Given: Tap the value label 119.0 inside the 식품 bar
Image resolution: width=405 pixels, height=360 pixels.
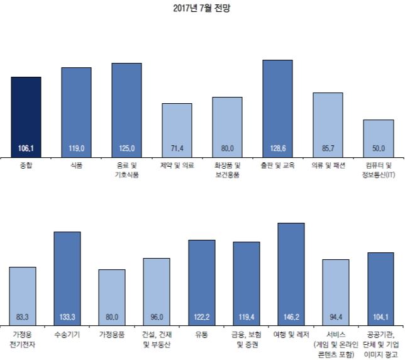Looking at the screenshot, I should coord(76,149).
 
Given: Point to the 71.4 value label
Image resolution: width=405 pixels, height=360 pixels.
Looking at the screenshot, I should coord(177,149).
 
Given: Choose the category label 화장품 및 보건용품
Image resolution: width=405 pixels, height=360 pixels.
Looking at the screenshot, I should coord(227,170).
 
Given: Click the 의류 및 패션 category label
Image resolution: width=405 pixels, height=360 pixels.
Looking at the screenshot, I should coord(328,166).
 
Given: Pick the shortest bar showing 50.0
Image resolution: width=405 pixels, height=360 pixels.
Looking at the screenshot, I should coord(378,137).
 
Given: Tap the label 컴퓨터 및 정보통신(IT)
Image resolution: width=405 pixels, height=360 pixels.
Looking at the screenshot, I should coord(378,170).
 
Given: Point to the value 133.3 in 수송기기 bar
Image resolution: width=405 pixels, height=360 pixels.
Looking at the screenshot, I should coord(67,317).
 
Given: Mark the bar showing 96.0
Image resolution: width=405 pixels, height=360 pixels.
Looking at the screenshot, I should coord(156,290).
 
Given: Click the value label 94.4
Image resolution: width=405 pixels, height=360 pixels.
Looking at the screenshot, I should coord(335,317).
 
